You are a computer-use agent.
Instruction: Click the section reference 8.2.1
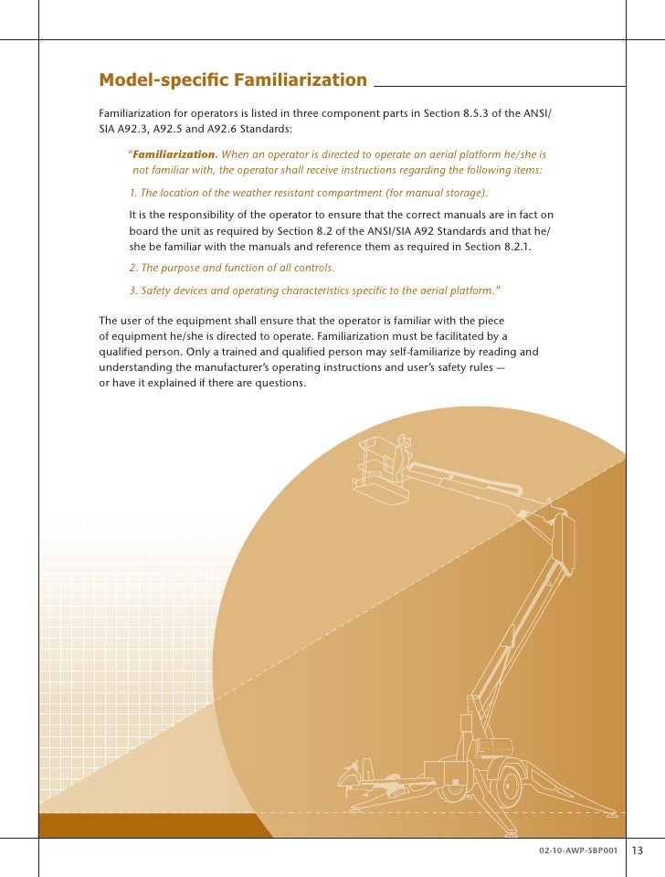(512, 248)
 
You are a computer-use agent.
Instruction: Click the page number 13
(637, 851)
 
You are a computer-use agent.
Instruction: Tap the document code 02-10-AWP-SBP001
(579, 851)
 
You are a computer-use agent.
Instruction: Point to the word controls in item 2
(312, 268)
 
